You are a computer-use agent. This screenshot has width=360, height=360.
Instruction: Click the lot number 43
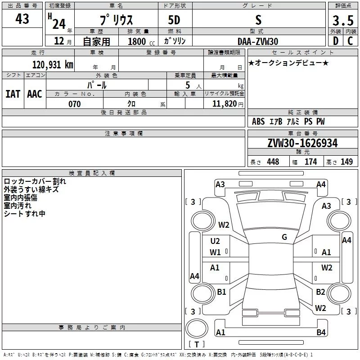pos(22,19)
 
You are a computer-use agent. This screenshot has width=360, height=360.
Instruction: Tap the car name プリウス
pos(116,20)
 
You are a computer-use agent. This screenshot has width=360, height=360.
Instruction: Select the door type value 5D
pos(175,20)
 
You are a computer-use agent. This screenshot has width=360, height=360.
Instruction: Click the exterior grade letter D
pos(335,41)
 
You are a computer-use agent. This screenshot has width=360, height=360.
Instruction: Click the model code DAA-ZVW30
pos(258,41)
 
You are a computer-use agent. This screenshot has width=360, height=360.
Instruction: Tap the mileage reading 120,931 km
pos(52,64)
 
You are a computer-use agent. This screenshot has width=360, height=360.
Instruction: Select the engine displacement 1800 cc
pos(137,41)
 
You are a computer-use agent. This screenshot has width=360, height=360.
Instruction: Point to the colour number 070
pos(74,104)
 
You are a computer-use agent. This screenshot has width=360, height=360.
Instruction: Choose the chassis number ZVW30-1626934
pos(302,143)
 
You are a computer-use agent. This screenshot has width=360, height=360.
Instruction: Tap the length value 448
pos(273,162)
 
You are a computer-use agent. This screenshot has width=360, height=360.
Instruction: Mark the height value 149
pos(346,162)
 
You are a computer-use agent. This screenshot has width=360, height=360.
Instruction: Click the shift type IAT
pos(13,94)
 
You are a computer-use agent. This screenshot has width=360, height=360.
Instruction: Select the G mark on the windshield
pos(284,237)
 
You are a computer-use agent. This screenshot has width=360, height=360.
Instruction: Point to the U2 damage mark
pos(215,241)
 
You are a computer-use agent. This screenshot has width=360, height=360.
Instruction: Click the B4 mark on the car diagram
pos(321,333)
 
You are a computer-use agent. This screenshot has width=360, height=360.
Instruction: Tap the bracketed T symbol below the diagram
pos(197,345)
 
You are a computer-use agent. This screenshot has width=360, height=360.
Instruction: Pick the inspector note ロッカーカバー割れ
pos(35,181)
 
